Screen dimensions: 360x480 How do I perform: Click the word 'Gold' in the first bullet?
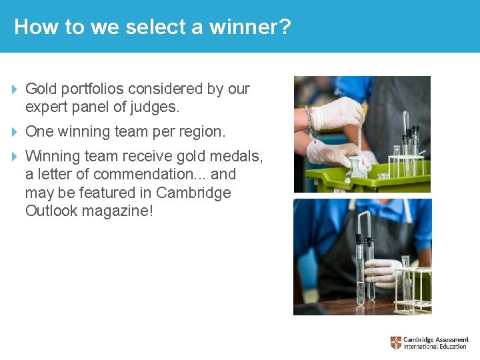41,89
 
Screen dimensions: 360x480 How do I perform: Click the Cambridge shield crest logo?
396,343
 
